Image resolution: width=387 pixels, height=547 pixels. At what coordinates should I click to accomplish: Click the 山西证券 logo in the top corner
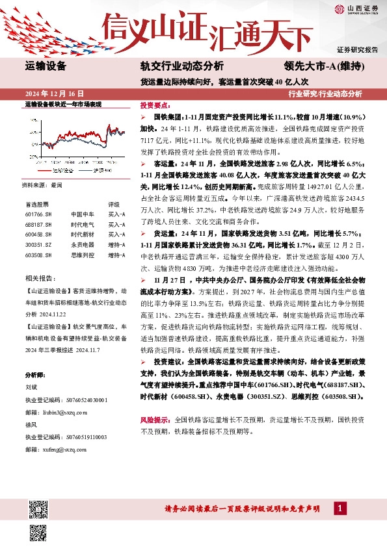tap(356, 8)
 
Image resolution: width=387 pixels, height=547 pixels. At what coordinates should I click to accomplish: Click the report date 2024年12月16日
tap(55, 94)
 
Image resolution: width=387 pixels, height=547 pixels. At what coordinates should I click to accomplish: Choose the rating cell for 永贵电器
tap(116, 245)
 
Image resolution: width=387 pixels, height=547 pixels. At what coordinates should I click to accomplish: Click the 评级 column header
tap(114, 203)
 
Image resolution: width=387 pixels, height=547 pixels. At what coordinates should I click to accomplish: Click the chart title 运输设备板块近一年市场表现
tap(63, 104)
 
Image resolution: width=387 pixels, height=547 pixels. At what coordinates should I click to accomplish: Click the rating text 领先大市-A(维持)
tap(324, 66)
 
